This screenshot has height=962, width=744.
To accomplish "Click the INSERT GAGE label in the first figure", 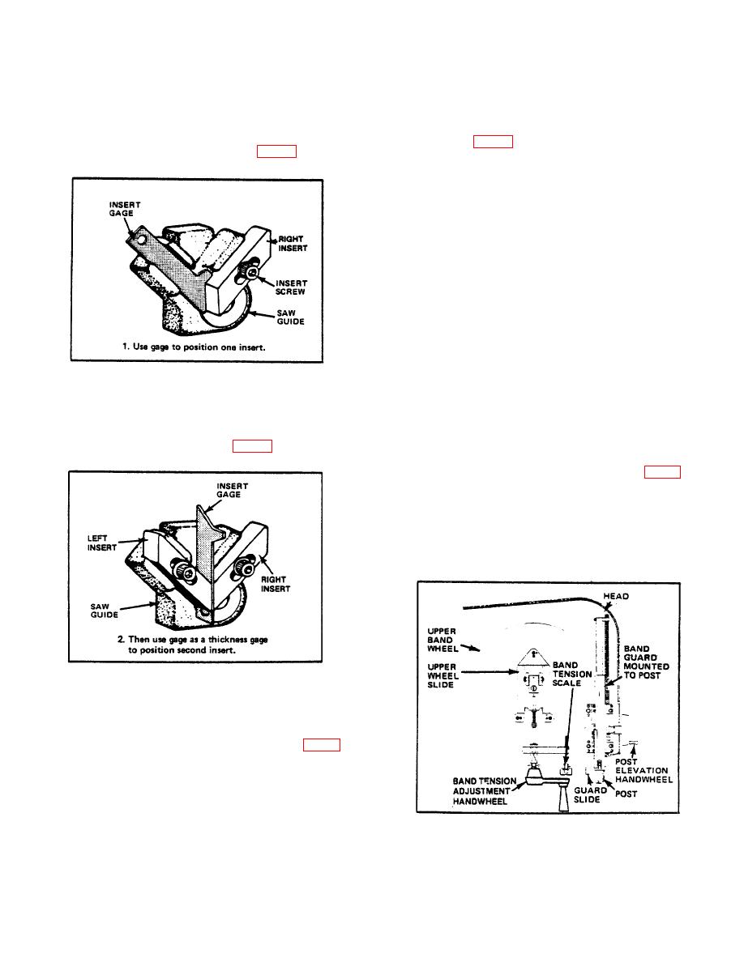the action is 126,209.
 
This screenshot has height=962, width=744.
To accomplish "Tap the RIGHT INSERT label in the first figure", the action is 293,244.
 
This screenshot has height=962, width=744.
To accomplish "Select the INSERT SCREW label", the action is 290,287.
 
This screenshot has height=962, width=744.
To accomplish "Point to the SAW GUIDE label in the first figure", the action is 290,317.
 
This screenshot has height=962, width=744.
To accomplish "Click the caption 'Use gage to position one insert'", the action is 194,347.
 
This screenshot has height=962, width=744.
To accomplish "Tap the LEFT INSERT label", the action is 102,543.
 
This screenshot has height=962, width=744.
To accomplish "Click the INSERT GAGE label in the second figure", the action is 232,490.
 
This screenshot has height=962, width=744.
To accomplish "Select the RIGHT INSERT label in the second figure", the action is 276,584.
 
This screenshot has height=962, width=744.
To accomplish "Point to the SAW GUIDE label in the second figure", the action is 105,611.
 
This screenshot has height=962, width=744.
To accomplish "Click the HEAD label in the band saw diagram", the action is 616,596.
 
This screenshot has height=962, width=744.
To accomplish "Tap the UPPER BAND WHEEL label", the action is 442,640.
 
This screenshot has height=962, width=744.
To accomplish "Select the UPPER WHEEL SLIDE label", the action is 443,675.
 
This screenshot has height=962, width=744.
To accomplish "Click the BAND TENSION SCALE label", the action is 572,674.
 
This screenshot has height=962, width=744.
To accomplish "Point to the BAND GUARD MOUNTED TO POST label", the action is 647,662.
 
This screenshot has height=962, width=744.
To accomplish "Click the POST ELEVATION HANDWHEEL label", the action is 644,771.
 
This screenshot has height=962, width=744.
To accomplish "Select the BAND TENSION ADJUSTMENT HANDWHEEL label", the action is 485,791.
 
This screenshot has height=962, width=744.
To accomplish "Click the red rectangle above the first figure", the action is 277,151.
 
